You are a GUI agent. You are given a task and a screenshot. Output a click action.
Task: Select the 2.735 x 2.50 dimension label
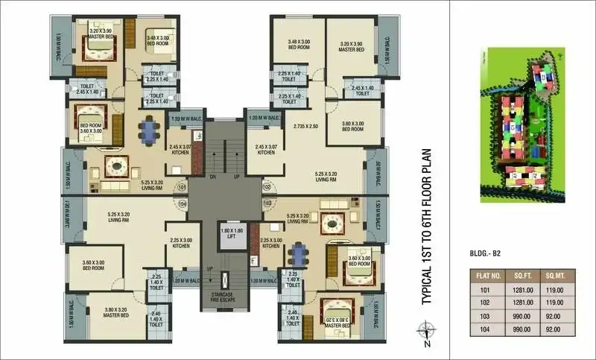pyautogui.click(x=306, y=127)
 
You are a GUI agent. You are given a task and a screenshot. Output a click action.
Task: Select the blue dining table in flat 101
pyautogui.click(x=150, y=131)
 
